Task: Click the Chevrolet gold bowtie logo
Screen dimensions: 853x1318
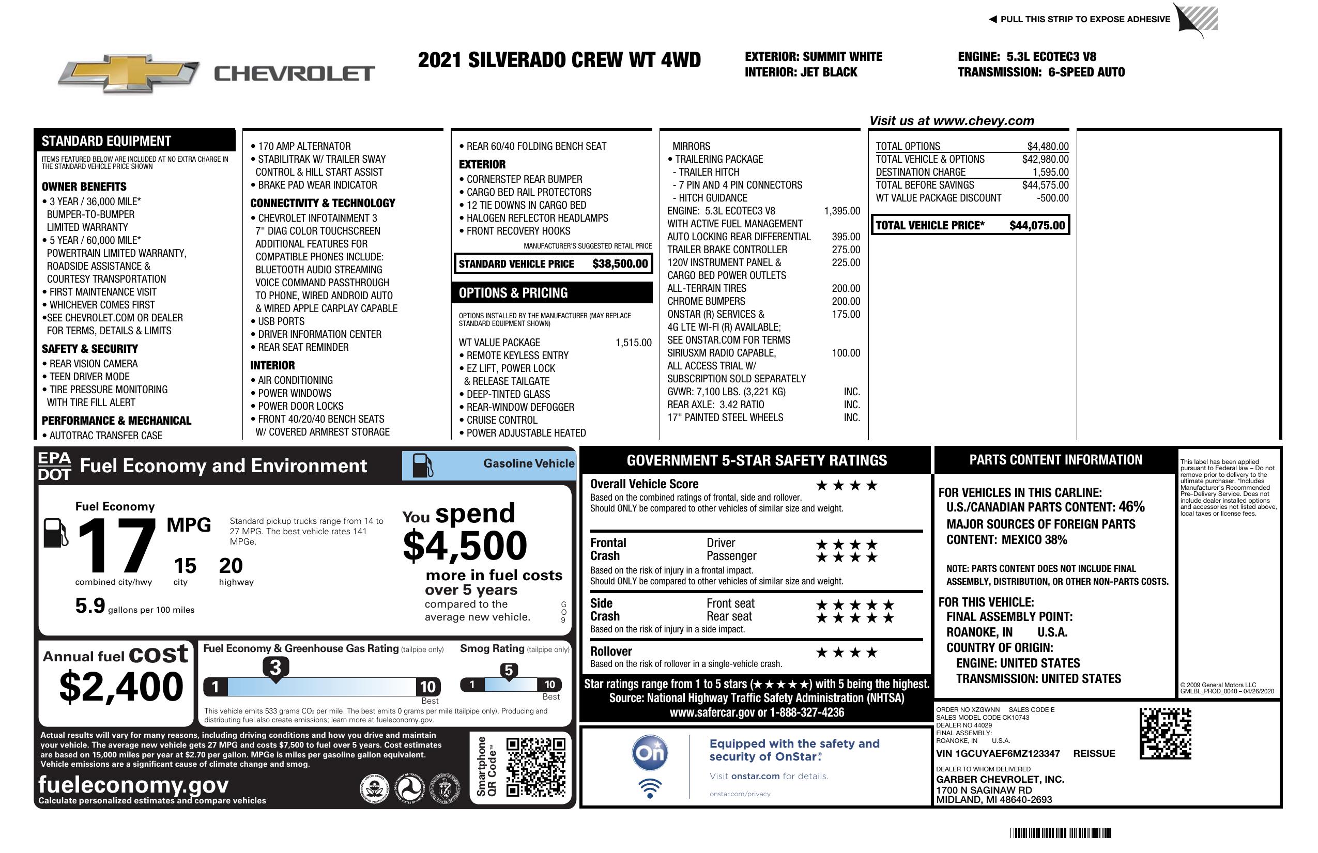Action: (129, 73)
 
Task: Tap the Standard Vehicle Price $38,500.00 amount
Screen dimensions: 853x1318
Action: (620, 264)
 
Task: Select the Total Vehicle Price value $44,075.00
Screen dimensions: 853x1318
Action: (1037, 225)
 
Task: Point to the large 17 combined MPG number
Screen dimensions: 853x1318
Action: (116, 545)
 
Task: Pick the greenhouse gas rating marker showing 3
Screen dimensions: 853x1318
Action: (275, 668)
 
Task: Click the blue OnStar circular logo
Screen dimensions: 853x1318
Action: (650, 753)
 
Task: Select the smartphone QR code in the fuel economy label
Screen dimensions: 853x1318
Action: (535, 767)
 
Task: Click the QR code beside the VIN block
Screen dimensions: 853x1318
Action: (1164, 733)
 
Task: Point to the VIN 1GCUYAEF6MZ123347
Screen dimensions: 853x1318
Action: (998, 753)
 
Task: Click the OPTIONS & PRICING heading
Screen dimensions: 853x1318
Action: (513, 293)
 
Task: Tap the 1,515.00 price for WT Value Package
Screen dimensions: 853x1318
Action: (633, 343)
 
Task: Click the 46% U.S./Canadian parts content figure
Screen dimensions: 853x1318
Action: (1131, 506)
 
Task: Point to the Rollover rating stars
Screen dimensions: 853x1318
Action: (847, 653)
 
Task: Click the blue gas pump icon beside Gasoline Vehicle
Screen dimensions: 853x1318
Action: (423, 466)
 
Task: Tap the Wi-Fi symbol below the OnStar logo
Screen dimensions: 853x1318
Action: (650, 788)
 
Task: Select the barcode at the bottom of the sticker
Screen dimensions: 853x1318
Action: (1061, 833)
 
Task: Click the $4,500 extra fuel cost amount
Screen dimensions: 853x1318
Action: (465, 546)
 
